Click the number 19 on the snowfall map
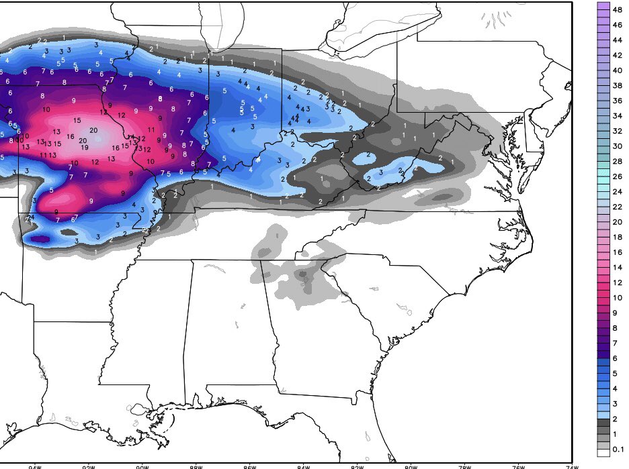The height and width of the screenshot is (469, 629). point(85,147)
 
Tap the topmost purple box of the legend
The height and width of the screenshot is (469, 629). point(603,6)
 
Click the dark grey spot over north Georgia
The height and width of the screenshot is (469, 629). point(303,274)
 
